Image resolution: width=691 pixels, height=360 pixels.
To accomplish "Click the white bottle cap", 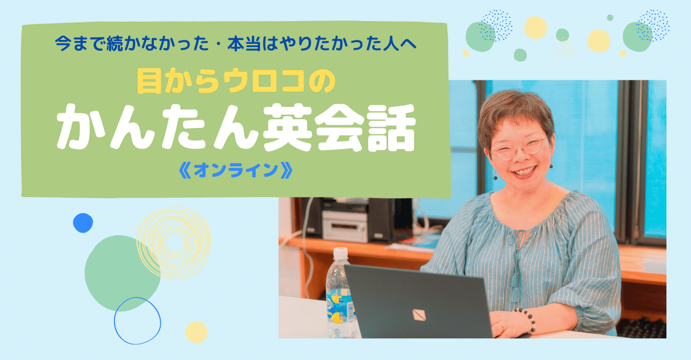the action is [x=340, y=253].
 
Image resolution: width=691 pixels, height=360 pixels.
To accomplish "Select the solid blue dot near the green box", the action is [x=83, y=223].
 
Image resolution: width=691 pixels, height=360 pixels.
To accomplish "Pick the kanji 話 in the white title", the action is [x=391, y=128].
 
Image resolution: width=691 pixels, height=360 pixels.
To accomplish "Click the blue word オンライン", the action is [x=236, y=170].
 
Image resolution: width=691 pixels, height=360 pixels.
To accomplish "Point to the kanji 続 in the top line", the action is [x=114, y=44].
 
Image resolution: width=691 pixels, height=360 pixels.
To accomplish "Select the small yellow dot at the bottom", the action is [x=196, y=332].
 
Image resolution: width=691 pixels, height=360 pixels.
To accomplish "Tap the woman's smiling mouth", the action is [x=524, y=171].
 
